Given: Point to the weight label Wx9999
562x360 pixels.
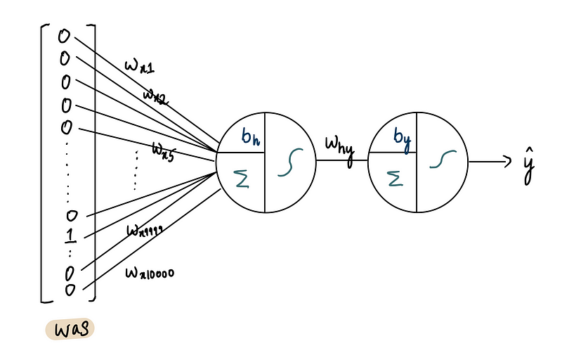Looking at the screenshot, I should tap(145, 231).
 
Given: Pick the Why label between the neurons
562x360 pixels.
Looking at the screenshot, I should tap(338, 147).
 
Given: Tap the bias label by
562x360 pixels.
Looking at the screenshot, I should tap(402, 137).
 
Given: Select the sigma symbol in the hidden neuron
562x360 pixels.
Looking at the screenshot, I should tap(242, 182).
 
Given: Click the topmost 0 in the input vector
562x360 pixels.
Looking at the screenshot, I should tap(65, 35).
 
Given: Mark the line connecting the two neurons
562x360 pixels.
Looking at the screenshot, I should tap(341, 161).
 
